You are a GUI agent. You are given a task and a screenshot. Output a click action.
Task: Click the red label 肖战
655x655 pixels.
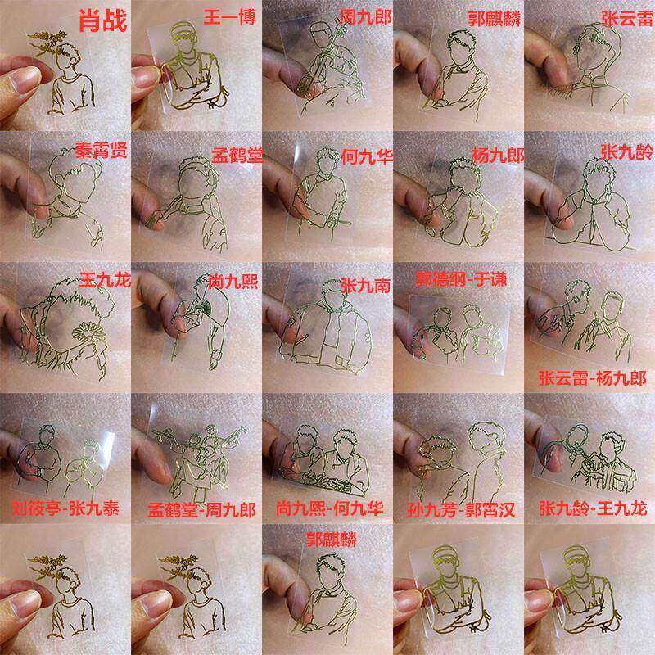103,21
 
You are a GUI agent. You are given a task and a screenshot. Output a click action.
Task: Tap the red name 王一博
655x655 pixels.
229,18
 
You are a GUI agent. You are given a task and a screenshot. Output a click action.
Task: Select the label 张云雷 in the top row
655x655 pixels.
627,19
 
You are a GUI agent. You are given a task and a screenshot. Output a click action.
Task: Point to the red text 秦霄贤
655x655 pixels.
101,151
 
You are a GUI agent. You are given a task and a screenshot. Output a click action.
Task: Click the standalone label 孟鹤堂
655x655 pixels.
237,156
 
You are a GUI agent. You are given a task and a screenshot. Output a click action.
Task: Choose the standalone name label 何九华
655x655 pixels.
367,157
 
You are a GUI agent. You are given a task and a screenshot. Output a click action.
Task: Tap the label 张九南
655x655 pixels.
365,286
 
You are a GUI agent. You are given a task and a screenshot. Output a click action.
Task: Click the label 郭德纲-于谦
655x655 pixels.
461,279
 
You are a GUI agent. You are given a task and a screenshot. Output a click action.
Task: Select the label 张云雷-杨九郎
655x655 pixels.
592,378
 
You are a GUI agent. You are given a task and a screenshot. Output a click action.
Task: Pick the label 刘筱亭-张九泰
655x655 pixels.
65,508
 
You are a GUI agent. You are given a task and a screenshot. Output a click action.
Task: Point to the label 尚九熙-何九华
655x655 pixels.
330,508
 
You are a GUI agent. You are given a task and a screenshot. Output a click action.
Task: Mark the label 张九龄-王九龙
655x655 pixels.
593,508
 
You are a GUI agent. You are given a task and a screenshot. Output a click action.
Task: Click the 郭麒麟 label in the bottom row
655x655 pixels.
332,540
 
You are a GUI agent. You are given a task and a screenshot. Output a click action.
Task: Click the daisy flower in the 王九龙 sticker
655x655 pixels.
88,332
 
